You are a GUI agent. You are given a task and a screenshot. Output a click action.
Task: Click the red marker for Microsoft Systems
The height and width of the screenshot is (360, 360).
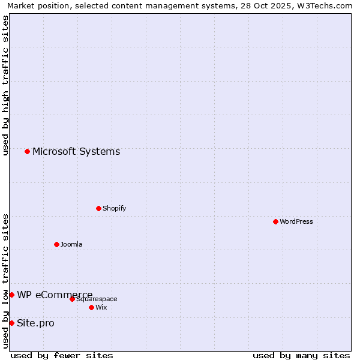(x=27, y=151)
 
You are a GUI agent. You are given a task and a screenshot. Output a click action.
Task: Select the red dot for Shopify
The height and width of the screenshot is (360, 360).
(x=98, y=208)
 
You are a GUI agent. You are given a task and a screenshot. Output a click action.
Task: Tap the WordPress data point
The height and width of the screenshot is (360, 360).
(x=275, y=221)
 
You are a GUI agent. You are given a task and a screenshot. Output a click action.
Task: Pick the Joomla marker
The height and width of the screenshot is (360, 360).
(x=56, y=244)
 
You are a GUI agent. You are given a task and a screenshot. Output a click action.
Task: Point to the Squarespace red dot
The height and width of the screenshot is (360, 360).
(x=72, y=299)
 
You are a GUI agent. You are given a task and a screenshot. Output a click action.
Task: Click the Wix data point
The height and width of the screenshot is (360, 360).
(x=91, y=307)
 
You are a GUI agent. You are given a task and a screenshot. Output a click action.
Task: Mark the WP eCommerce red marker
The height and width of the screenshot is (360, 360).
(x=11, y=295)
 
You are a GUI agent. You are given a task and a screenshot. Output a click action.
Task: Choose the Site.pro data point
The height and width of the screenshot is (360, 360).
(x=11, y=323)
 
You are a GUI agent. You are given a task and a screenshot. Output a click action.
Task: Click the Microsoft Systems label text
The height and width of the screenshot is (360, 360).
(x=76, y=151)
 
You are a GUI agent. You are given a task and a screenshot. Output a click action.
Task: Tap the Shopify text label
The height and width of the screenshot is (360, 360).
(x=114, y=208)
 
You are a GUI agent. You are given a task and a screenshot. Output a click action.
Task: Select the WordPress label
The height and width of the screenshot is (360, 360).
(x=296, y=221)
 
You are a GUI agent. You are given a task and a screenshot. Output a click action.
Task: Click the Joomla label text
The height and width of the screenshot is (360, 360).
(x=71, y=244)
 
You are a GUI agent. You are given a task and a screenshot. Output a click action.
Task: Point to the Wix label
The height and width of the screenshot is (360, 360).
(x=101, y=307)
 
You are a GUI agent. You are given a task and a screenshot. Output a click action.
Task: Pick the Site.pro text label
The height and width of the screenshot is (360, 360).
(x=35, y=323)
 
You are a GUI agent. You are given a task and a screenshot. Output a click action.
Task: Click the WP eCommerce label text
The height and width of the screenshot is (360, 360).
(x=55, y=295)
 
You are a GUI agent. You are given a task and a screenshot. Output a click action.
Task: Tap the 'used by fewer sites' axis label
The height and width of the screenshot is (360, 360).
(x=62, y=355)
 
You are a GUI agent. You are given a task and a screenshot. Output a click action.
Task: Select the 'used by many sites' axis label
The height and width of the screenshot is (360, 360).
(x=301, y=355)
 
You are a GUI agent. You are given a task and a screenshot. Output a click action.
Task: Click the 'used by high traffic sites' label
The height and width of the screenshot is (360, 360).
(x=5, y=85)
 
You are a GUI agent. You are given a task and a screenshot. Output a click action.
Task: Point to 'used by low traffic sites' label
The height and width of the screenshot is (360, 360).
(x=5, y=281)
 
